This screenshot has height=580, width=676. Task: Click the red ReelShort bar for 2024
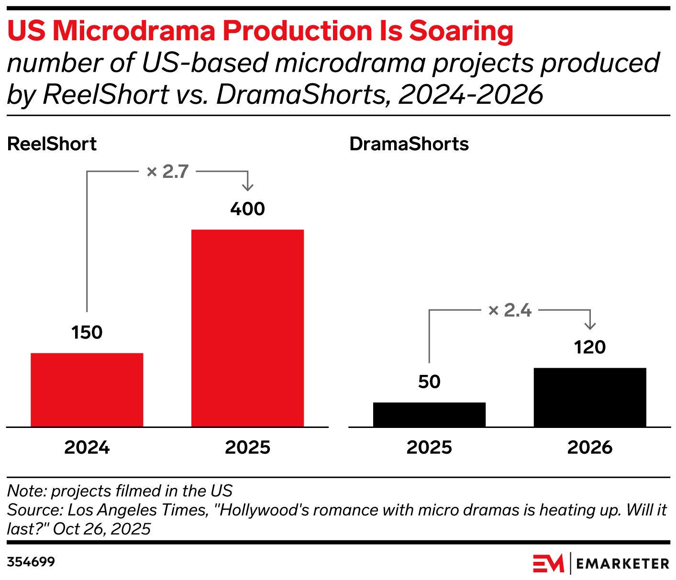tap(87, 390)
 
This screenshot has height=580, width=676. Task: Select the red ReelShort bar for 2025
tap(247, 328)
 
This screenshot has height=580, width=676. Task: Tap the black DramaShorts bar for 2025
tap(429, 415)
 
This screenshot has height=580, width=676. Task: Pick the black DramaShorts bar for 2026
tap(590, 397)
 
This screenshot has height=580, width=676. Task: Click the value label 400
tap(247, 209)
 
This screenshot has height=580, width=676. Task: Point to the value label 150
tap(87, 332)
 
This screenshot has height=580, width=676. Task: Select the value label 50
tap(429, 382)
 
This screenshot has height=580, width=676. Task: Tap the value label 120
tap(590, 347)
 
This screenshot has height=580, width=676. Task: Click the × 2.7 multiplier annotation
tap(168, 171)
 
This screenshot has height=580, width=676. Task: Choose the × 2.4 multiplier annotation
tap(510, 310)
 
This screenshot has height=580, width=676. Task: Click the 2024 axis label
tap(87, 448)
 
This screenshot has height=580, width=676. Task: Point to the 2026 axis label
tap(590, 448)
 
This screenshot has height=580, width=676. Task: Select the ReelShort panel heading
tap(52, 144)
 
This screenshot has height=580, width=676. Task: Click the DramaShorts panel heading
tap(409, 144)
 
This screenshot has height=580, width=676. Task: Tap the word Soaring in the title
tap(461, 31)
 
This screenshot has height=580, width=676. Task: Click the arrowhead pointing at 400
tap(247, 187)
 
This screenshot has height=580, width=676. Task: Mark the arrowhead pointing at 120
tap(590, 326)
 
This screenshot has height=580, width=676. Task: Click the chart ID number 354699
tap(31, 562)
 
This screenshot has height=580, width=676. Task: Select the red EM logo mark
tap(548, 563)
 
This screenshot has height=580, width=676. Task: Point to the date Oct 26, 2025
tap(102, 529)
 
